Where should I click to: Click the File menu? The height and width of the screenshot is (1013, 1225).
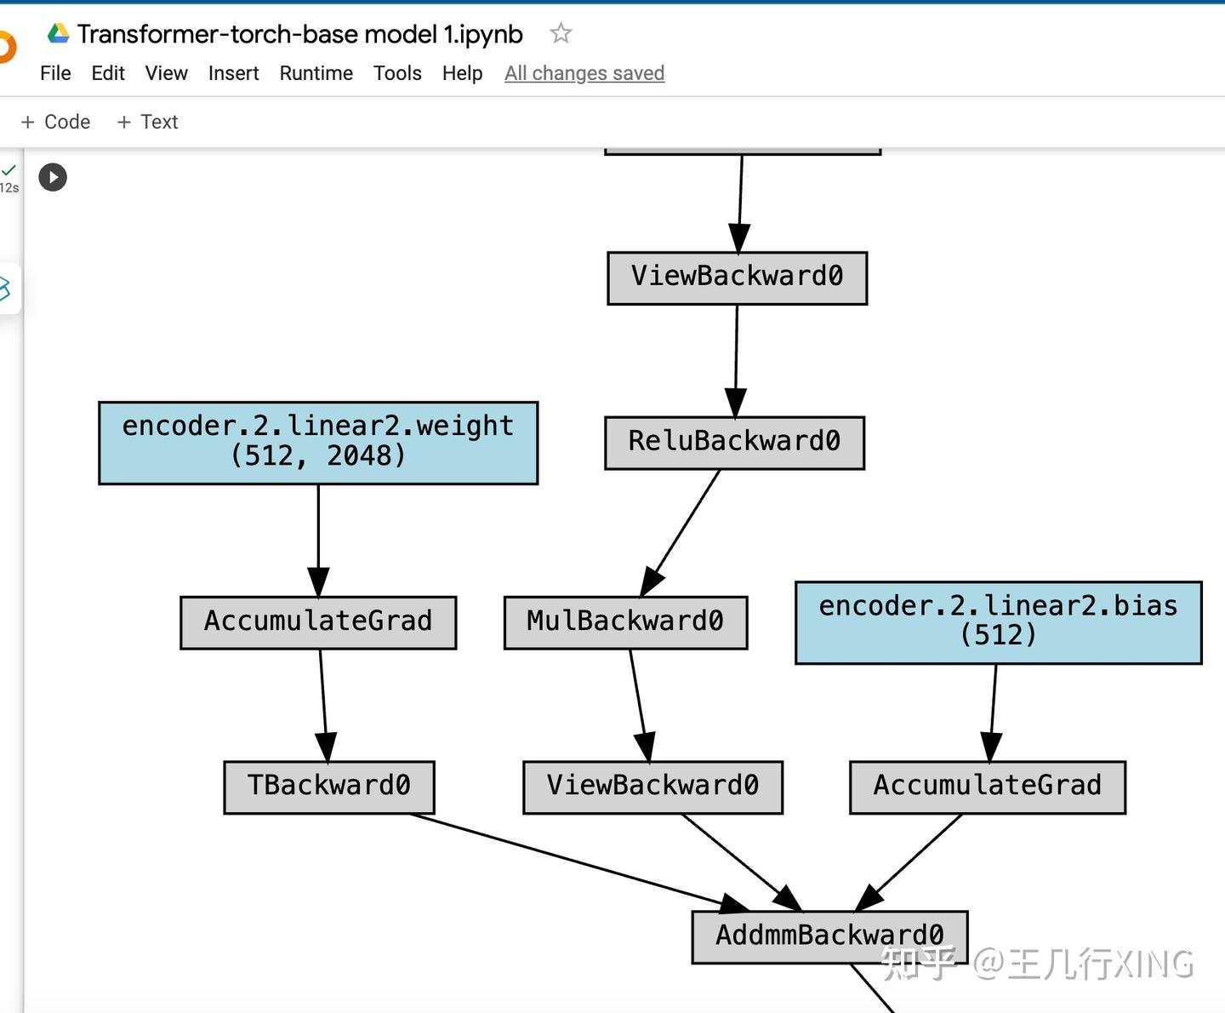[x=55, y=73]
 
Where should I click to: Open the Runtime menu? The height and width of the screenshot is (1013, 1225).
[x=316, y=73]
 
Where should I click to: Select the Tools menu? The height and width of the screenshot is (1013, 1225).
[x=397, y=73]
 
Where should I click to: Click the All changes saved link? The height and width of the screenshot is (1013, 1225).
[x=584, y=73]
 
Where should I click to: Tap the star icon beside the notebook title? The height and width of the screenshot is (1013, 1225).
[x=561, y=33]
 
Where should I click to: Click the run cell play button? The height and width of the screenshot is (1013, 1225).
[x=53, y=177]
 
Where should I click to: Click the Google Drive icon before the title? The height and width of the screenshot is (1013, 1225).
[x=58, y=33]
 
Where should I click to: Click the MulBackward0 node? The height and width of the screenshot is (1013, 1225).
[x=625, y=622]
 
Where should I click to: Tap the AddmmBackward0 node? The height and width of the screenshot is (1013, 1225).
[x=829, y=936]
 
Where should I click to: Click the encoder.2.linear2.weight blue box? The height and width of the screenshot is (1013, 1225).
[x=318, y=443]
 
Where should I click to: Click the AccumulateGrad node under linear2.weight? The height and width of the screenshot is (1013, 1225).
[x=318, y=622]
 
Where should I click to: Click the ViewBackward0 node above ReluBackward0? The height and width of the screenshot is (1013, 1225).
[x=737, y=278]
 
